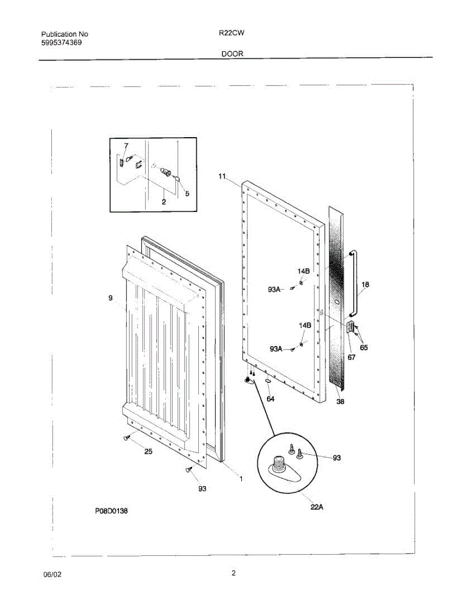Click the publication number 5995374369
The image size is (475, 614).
point(61,42)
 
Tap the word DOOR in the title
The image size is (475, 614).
point(232,53)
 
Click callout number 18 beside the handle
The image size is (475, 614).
point(365,284)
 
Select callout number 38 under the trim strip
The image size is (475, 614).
point(340,402)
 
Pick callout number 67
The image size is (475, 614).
point(352,358)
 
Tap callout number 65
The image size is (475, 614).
point(363,348)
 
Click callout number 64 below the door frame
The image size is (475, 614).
point(271,399)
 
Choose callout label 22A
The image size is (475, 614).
point(317,507)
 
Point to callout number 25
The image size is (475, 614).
point(148,451)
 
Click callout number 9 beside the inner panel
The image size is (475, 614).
point(110,298)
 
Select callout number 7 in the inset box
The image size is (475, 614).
point(126,146)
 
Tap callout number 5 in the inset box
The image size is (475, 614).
point(187,194)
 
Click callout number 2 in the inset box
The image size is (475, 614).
point(163,202)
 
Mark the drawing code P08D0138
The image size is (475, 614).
point(111,511)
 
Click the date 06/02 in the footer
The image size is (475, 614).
point(52,575)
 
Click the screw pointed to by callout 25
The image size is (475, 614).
point(126,437)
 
